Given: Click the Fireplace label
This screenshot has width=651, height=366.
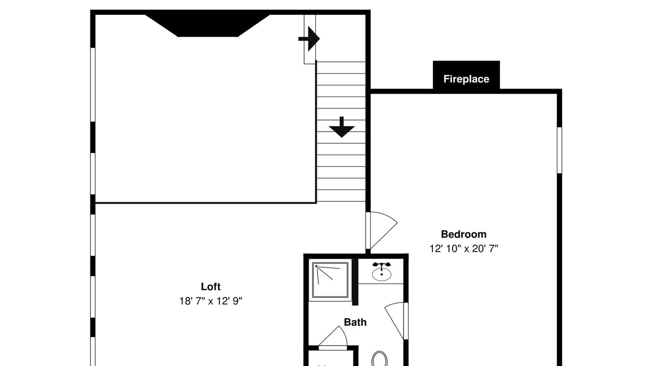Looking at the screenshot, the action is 466,79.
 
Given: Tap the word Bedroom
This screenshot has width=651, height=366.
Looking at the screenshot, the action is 463,234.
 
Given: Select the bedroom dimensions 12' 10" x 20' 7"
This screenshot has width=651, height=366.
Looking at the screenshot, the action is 464,249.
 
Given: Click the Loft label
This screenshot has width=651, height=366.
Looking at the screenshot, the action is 211,287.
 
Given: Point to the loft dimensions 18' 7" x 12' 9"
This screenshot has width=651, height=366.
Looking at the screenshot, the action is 211,301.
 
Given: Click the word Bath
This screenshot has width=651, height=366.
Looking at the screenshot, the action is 355,322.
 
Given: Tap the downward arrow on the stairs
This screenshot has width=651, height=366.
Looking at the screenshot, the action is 341,127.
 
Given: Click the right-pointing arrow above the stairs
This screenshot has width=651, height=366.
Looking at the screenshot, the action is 309,39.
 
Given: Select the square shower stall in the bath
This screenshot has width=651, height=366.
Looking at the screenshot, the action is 330,280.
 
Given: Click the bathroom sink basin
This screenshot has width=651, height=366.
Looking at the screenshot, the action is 381,274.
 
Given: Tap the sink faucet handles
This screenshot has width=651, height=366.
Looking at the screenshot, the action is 381,265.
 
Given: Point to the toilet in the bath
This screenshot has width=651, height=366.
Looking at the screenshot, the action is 379,359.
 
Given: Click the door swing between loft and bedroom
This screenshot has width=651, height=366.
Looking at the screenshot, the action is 381,231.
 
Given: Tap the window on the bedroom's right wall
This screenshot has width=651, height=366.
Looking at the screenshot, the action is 559,150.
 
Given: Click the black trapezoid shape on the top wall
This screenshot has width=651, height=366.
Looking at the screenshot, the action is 208,25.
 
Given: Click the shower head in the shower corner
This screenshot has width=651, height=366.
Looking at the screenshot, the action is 316,266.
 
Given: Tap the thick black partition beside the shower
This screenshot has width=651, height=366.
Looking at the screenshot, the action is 355,282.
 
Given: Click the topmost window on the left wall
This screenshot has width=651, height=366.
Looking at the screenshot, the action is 93,84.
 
